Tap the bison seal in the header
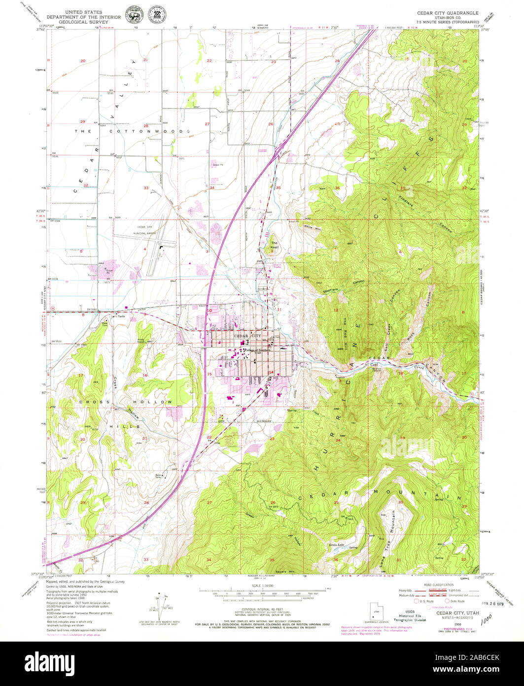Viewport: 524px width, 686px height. [132, 14]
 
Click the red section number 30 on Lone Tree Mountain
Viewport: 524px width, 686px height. [400, 502]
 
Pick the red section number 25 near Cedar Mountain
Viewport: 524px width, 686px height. [336, 502]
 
